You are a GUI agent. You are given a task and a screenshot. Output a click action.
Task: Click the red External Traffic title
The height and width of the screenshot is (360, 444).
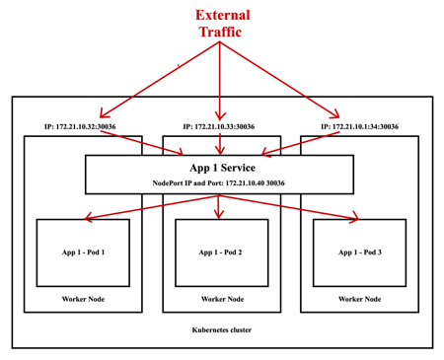pos(222,24)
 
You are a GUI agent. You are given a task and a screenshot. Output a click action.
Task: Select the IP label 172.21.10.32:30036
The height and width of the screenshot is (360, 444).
pos(80,127)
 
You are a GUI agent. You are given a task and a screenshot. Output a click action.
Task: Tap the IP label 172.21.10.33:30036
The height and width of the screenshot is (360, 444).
pos(218,127)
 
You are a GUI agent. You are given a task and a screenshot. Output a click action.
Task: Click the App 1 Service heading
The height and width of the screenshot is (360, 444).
pos(219,168)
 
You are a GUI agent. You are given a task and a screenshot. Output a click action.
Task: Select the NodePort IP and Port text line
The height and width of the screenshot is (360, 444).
pos(219,183)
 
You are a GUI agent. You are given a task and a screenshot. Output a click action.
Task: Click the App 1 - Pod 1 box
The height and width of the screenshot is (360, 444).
pos(83,252)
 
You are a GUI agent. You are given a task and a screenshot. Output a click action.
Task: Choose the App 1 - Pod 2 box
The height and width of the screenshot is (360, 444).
pos(221,252)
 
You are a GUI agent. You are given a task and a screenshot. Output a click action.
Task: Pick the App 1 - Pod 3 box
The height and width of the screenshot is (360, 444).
pos(359,252)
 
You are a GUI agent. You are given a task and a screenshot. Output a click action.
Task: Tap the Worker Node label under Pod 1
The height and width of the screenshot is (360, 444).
pos(83,299)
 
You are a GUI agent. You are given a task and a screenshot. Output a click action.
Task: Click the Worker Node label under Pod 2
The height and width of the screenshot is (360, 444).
pos(221,299)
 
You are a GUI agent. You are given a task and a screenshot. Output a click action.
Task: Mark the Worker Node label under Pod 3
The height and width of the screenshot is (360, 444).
pos(359,299)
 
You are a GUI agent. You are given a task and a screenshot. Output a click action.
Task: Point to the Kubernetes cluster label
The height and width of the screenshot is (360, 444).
pos(222,330)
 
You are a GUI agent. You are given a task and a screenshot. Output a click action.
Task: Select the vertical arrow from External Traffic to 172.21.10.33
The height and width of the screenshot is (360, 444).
pos(219,84)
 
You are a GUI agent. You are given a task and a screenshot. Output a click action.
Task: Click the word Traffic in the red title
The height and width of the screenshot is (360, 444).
pos(222,33)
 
